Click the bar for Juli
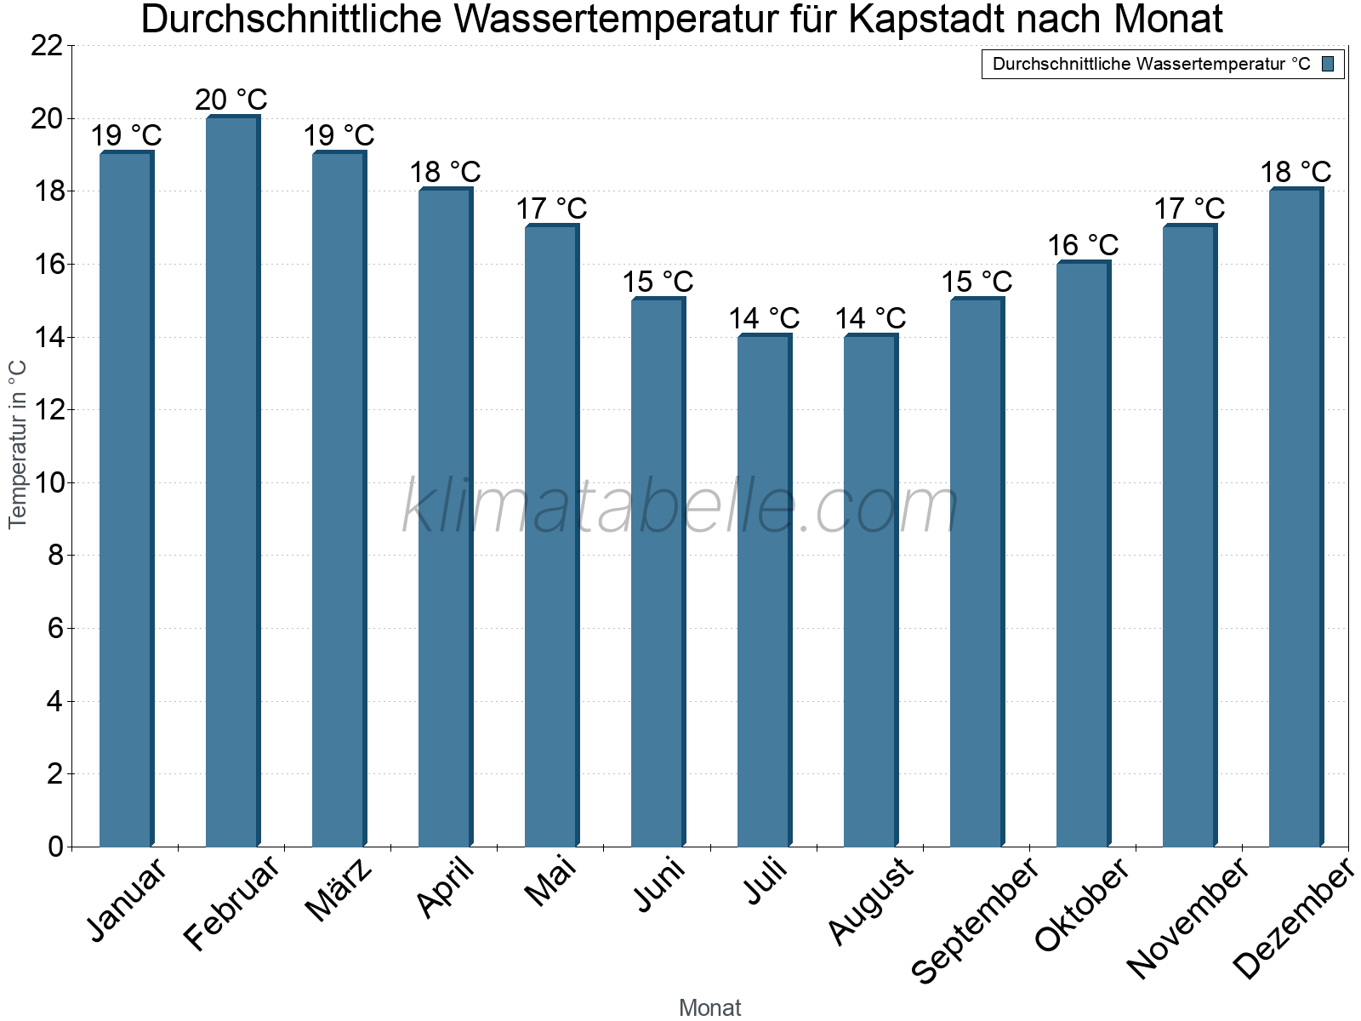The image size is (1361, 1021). [x=764, y=590]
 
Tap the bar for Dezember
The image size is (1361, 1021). [x=1296, y=517]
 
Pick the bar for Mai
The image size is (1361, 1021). [x=551, y=536]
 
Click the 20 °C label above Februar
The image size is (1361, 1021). [x=231, y=100]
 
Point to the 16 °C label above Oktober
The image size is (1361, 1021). [x=1082, y=245]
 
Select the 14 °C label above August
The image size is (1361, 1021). [x=870, y=318]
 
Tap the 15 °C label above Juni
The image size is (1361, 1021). [x=658, y=282]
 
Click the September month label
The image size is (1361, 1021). [x=975, y=920]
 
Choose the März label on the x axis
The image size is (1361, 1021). [x=339, y=890]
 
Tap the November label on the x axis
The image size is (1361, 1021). [x=1187, y=919]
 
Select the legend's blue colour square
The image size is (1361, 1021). [x=1329, y=64]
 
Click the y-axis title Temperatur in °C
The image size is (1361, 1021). [x=18, y=444]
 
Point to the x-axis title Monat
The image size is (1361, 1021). [x=709, y=1007]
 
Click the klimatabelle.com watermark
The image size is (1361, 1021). [x=680, y=507]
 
